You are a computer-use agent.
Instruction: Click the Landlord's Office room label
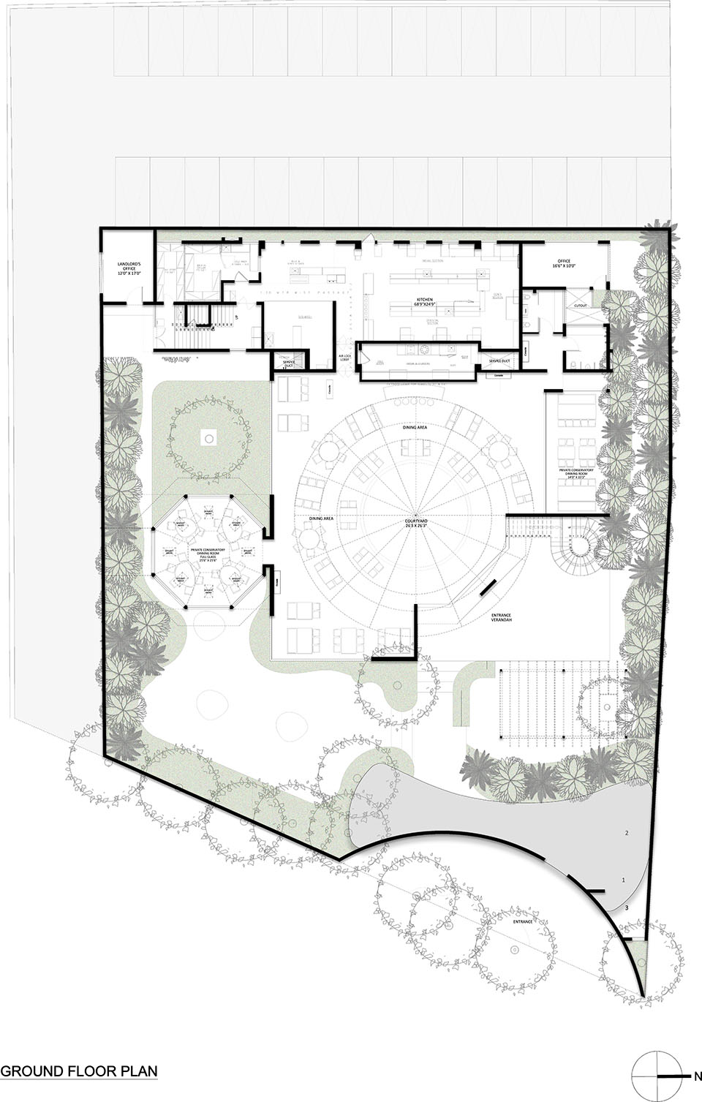click(x=124, y=267)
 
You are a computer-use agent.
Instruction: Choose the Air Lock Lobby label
click(x=346, y=359)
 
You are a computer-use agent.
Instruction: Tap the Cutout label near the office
click(x=580, y=306)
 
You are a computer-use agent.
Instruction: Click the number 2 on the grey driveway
click(x=626, y=833)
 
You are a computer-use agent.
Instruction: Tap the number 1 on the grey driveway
click(x=623, y=880)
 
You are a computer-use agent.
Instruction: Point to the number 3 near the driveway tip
click(x=627, y=907)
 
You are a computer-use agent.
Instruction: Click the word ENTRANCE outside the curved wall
click(x=522, y=922)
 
